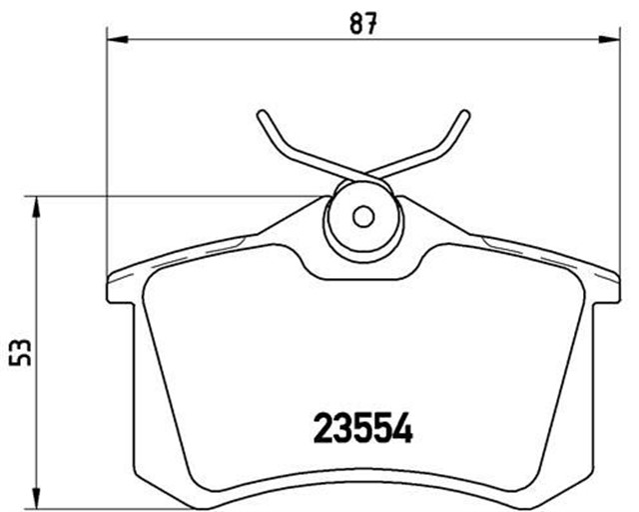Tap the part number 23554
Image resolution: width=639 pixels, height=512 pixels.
click(x=362, y=430)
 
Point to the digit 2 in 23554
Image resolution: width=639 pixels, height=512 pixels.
click(x=324, y=430)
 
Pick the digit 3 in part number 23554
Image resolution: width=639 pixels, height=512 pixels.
click(x=343, y=430)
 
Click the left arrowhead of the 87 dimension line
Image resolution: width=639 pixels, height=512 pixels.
click(x=114, y=37)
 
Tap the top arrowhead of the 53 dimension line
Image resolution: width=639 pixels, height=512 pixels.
click(x=38, y=205)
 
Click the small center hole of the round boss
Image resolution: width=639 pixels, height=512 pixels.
click(x=363, y=215)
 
